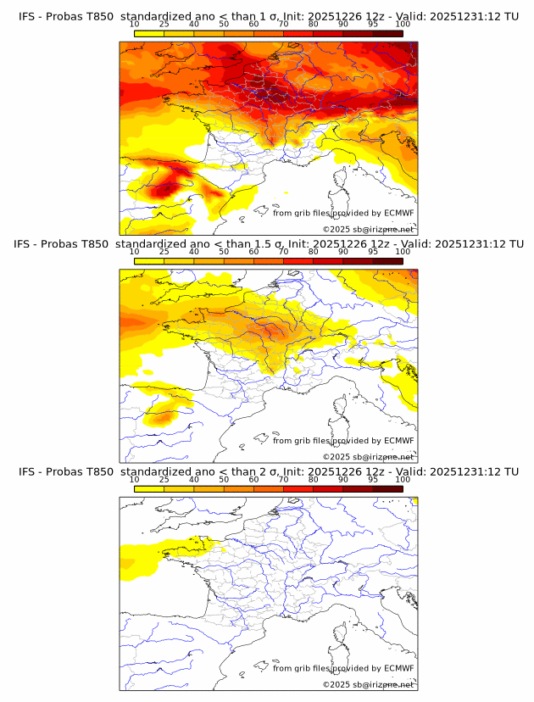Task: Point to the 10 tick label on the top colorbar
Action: pos(134,25)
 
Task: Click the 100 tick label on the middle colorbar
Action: pos(403,252)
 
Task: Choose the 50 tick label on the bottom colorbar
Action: pos(224,479)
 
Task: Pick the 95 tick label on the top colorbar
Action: pos(373,25)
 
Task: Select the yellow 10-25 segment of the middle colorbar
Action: pos(149,260)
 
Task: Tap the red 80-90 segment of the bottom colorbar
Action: pos(328,488)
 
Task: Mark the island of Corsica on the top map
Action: pos(342,180)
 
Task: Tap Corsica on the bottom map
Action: pos(342,635)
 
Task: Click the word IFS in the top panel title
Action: pos(25,16)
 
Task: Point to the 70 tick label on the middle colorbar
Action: pos(283,252)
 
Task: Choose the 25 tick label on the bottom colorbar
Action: pos(164,479)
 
